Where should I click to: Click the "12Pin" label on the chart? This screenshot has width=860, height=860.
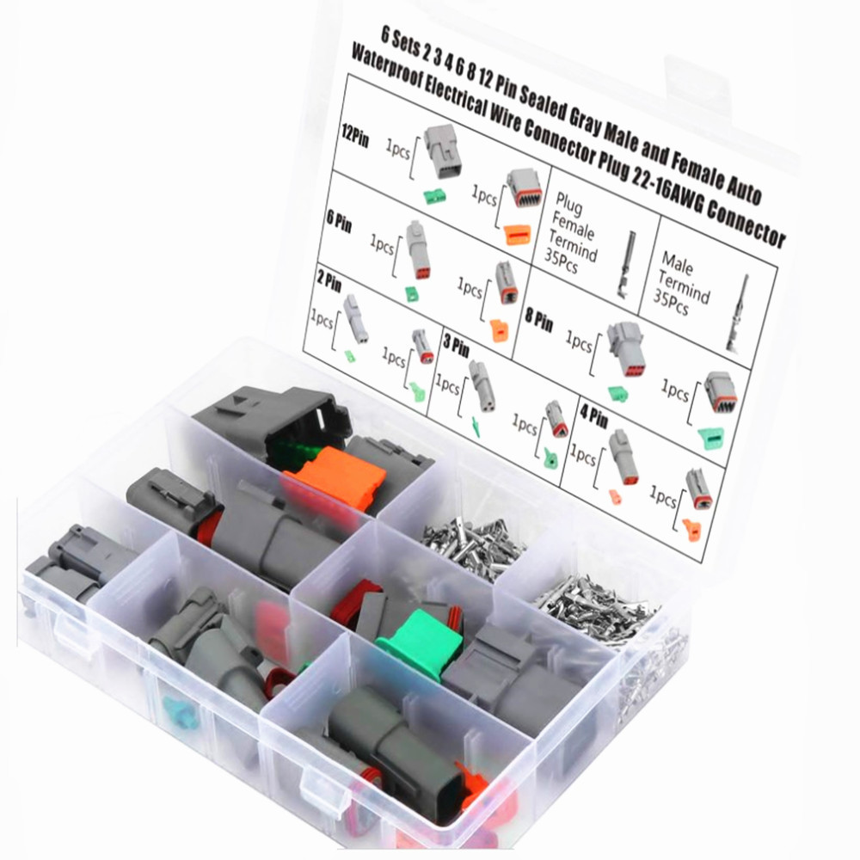point(353,138)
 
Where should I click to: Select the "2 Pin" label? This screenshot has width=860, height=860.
point(329,281)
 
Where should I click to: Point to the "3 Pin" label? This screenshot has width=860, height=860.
point(457,349)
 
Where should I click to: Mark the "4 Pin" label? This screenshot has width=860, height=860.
point(593,420)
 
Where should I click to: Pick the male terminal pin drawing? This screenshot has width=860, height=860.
point(739,314)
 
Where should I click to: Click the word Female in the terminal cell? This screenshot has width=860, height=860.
point(568,225)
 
